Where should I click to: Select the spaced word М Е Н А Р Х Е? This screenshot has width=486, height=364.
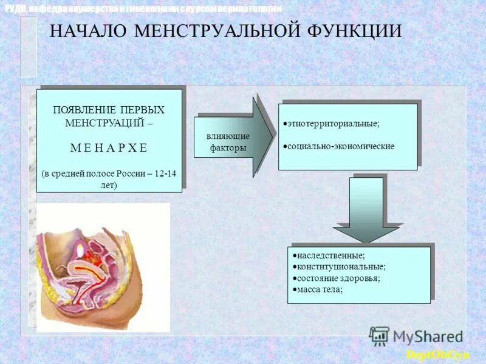point(109,147)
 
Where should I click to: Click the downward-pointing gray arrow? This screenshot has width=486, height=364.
point(366,209)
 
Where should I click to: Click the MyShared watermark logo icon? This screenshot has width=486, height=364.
point(379,335)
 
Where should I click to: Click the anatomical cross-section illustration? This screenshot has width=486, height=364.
point(103,267)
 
